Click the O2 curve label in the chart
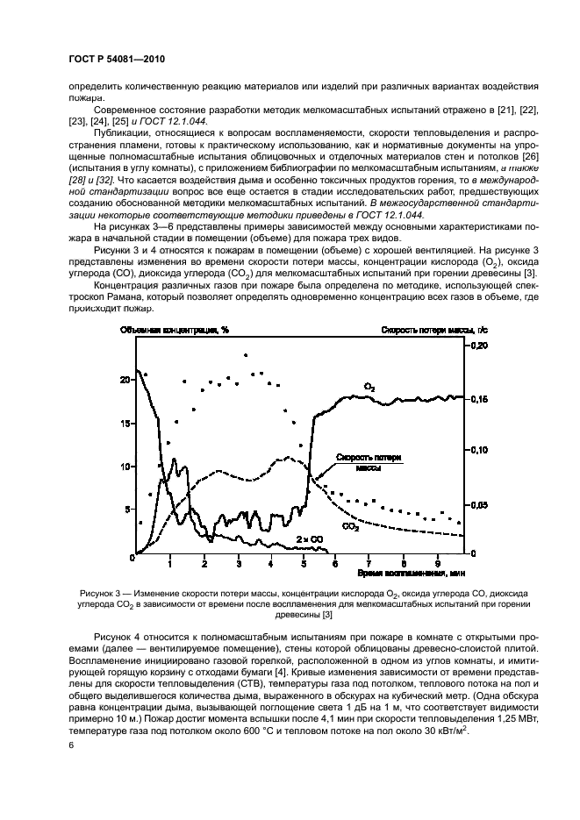tap(370, 386)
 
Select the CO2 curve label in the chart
tap(350, 526)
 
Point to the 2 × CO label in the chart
tap(307, 539)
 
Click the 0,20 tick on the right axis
tap(476, 346)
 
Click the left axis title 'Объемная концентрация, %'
tap(176, 331)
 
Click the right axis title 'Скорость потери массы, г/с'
tap(427, 331)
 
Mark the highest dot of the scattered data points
tap(246, 355)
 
